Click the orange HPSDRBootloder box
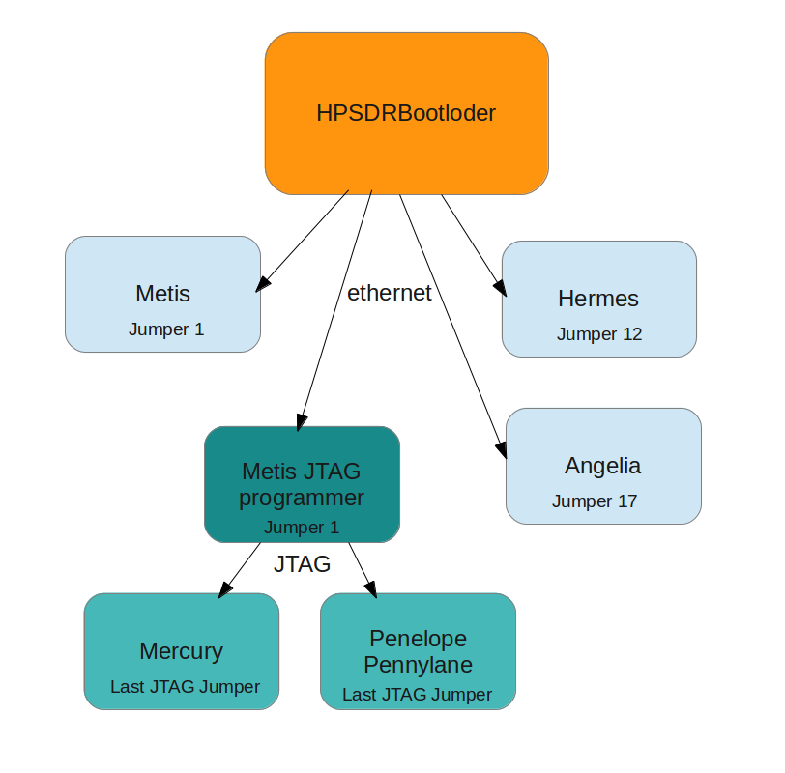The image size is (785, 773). click(x=406, y=113)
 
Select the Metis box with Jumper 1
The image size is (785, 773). click(x=162, y=294)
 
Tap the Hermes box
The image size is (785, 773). click(x=598, y=299)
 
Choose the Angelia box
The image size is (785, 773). click(x=602, y=466)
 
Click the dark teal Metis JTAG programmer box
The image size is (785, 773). click(x=302, y=484)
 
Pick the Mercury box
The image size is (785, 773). click(x=181, y=651)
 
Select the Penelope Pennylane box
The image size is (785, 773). click(x=418, y=651)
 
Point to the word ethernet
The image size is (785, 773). click(x=389, y=293)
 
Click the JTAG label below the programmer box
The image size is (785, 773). click(x=302, y=564)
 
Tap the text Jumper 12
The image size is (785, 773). click(x=599, y=334)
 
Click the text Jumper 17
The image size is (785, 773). click(x=595, y=501)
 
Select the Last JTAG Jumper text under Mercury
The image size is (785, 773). click(x=185, y=687)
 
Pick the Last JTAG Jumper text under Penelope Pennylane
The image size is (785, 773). click(x=417, y=695)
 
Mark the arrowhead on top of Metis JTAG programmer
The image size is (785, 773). click(x=302, y=421)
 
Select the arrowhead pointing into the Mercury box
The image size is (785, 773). click(x=225, y=590)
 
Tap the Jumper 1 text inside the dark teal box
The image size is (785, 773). click(x=302, y=528)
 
